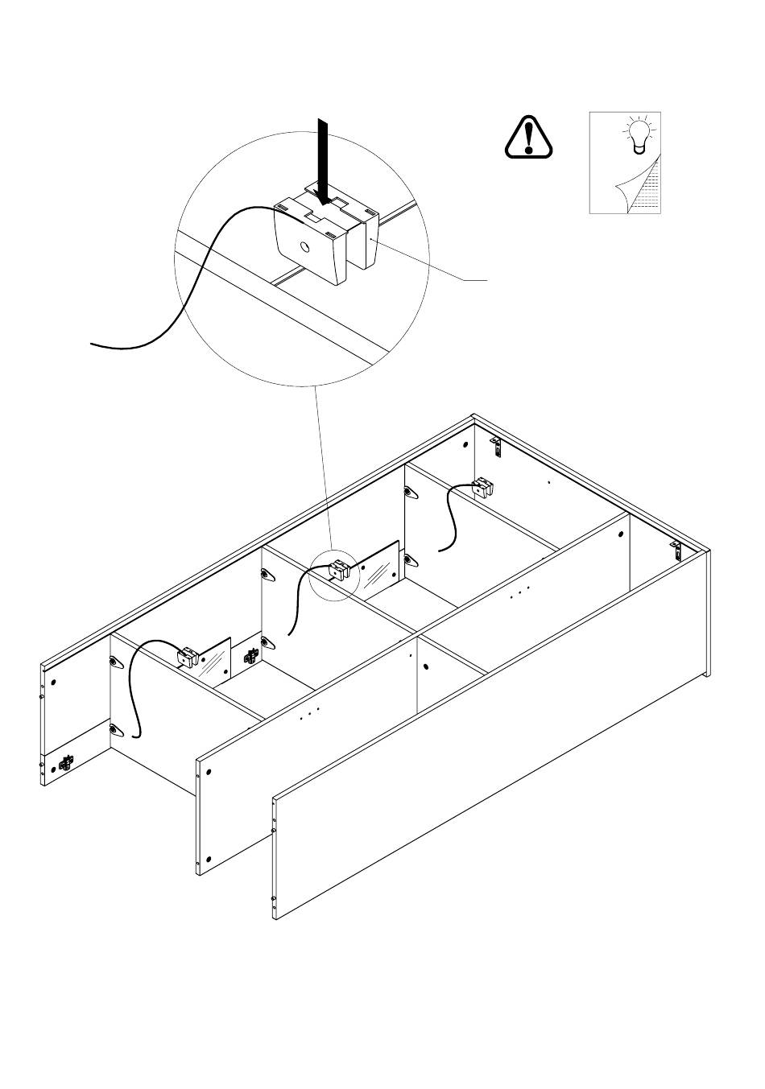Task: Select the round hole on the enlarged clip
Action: point(306,248)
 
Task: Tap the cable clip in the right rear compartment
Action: point(482,488)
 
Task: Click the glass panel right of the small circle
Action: point(378,572)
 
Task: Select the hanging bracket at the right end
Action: point(677,551)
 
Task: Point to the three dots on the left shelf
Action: point(309,712)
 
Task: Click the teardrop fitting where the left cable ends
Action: point(116,730)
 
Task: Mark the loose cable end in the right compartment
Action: point(440,551)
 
